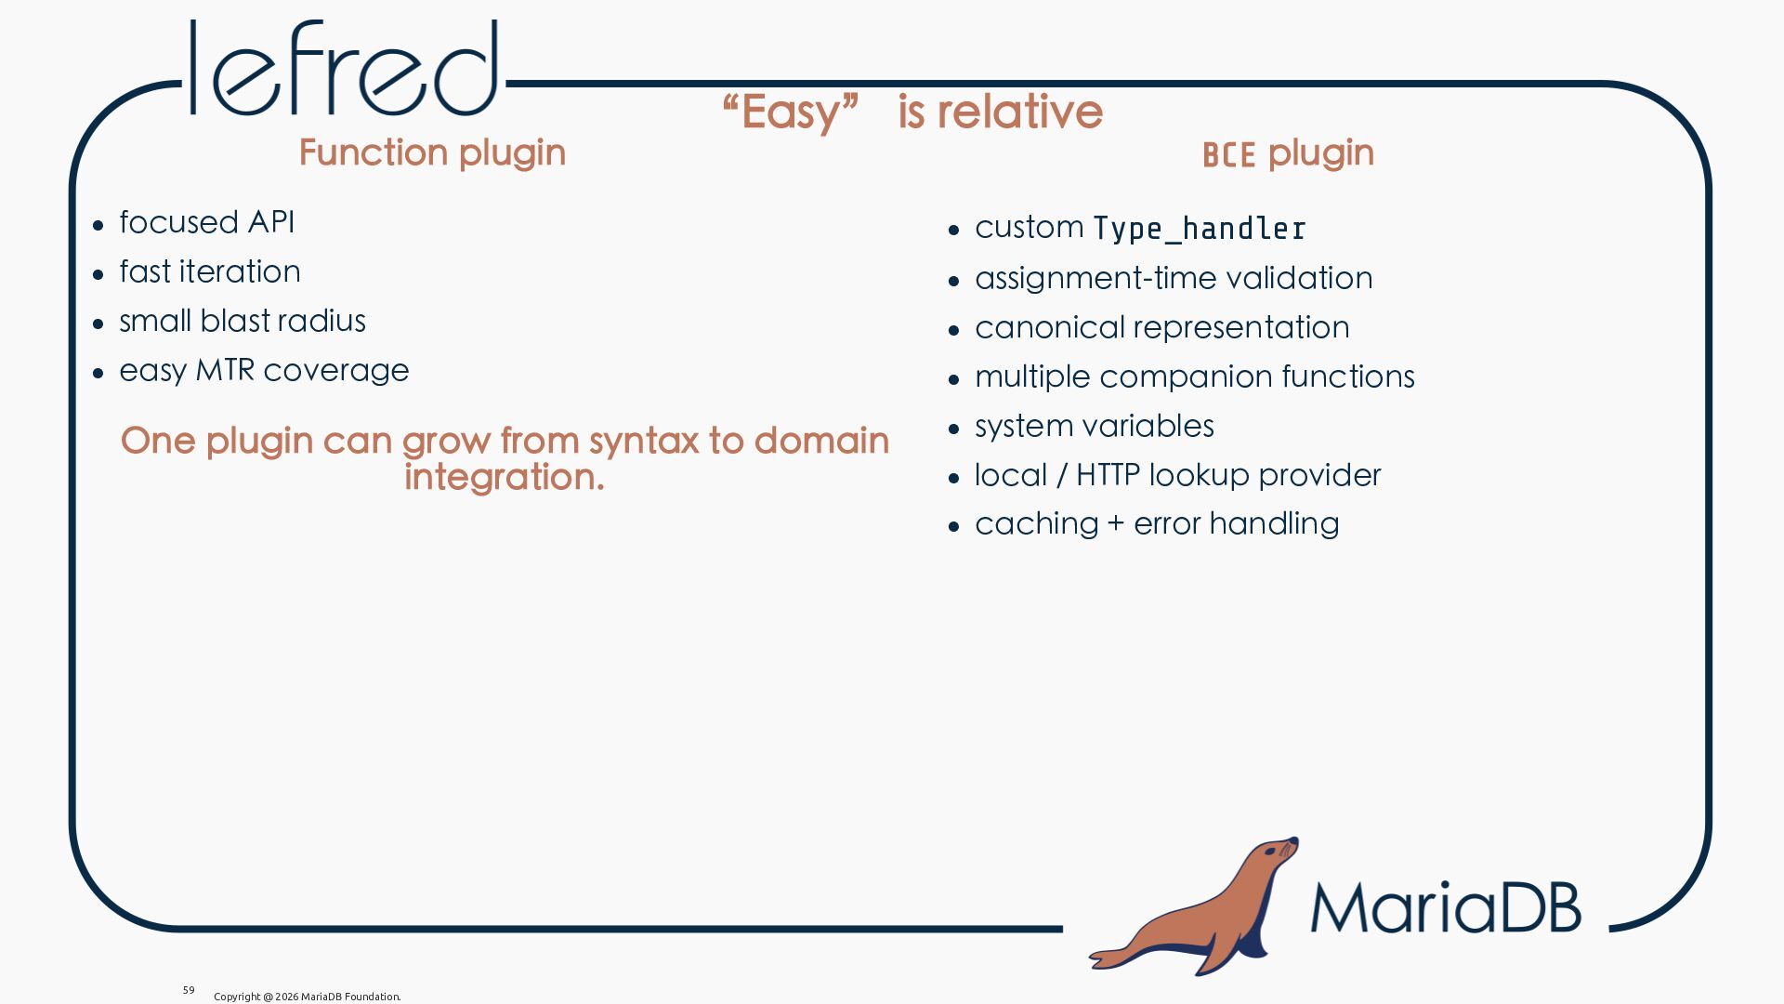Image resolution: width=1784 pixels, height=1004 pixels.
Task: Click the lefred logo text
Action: click(x=344, y=68)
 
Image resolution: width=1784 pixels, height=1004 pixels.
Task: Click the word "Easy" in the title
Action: click(x=791, y=112)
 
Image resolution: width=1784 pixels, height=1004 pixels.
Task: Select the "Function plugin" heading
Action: click(x=432, y=152)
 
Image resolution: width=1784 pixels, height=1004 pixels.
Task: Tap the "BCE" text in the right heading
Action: click(x=1228, y=155)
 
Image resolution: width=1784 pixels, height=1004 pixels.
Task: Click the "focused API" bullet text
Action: click(x=206, y=222)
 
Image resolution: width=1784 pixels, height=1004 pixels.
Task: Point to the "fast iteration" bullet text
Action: click(x=210, y=271)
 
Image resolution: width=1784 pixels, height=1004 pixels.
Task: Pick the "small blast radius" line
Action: click(x=243, y=321)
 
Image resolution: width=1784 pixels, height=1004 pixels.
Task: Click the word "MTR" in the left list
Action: click(x=225, y=370)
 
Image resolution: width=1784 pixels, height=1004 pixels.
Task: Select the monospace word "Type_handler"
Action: click(x=1200, y=229)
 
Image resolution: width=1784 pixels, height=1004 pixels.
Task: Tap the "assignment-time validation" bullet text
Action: click(x=1174, y=278)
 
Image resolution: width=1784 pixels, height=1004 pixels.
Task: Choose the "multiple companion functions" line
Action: click(x=1195, y=376)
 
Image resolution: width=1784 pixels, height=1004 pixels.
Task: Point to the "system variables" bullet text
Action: click(x=1095, y=426)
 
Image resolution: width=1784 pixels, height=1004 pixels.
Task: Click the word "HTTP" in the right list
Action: click(x=1108, y=475)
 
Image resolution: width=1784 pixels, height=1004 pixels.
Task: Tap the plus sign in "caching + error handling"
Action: click(x=1116, y=525)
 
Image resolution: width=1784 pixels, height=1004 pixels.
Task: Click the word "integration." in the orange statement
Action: click(x=505, y=477)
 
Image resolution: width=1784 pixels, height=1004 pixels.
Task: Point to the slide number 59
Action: click(x=189, y=990)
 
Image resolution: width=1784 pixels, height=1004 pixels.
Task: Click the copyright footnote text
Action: click(x=308, y=997)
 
